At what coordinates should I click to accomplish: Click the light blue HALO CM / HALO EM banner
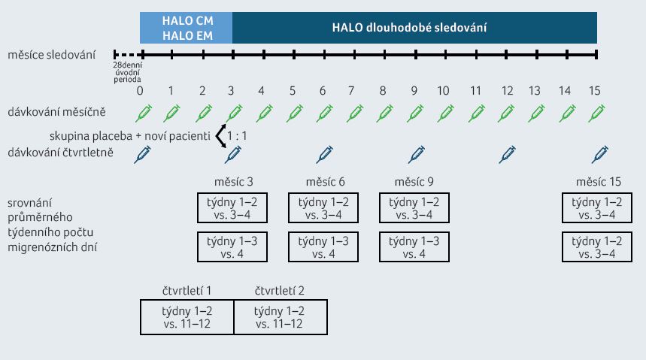[187, 28]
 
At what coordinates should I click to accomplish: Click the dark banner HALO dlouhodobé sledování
[415, 28]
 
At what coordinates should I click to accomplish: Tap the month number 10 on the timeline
[443, 91]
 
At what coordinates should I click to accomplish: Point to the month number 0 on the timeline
[140, 91]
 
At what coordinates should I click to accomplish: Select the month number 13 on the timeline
[535, 91]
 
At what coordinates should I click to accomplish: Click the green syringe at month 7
[355, 113]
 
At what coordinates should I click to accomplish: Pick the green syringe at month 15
[596, 113]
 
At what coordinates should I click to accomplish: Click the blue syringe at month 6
[325, 155]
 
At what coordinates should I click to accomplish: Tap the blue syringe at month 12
[507, 155]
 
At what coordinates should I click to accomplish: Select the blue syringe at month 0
[143, 155]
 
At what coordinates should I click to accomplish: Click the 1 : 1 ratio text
[237, 136]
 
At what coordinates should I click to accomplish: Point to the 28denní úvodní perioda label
[128, 72]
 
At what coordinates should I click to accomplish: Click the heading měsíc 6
[325, 182]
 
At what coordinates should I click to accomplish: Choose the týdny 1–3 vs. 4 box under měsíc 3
[232, 247]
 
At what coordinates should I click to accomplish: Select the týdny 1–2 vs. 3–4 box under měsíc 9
[414, 207]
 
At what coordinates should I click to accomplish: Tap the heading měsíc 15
[598, 182]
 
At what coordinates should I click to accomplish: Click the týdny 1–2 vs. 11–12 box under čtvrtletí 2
[281, 317]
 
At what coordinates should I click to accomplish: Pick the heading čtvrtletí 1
[187, 291]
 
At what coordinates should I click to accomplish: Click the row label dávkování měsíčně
[56, 112]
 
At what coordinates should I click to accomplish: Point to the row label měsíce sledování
[51, 55]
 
